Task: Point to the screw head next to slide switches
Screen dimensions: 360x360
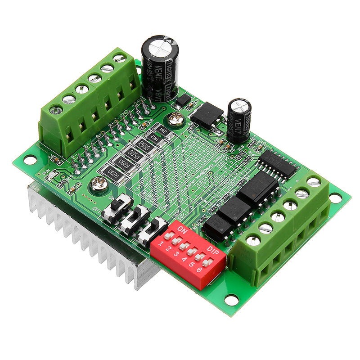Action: [x=98, y=183]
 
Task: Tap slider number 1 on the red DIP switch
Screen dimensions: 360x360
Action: [x=168, y=236]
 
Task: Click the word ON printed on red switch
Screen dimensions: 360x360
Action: [x=183, y=229]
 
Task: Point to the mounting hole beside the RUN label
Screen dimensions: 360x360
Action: [x=29, y=159]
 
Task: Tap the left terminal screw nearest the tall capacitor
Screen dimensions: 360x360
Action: [x=119, y=58]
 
